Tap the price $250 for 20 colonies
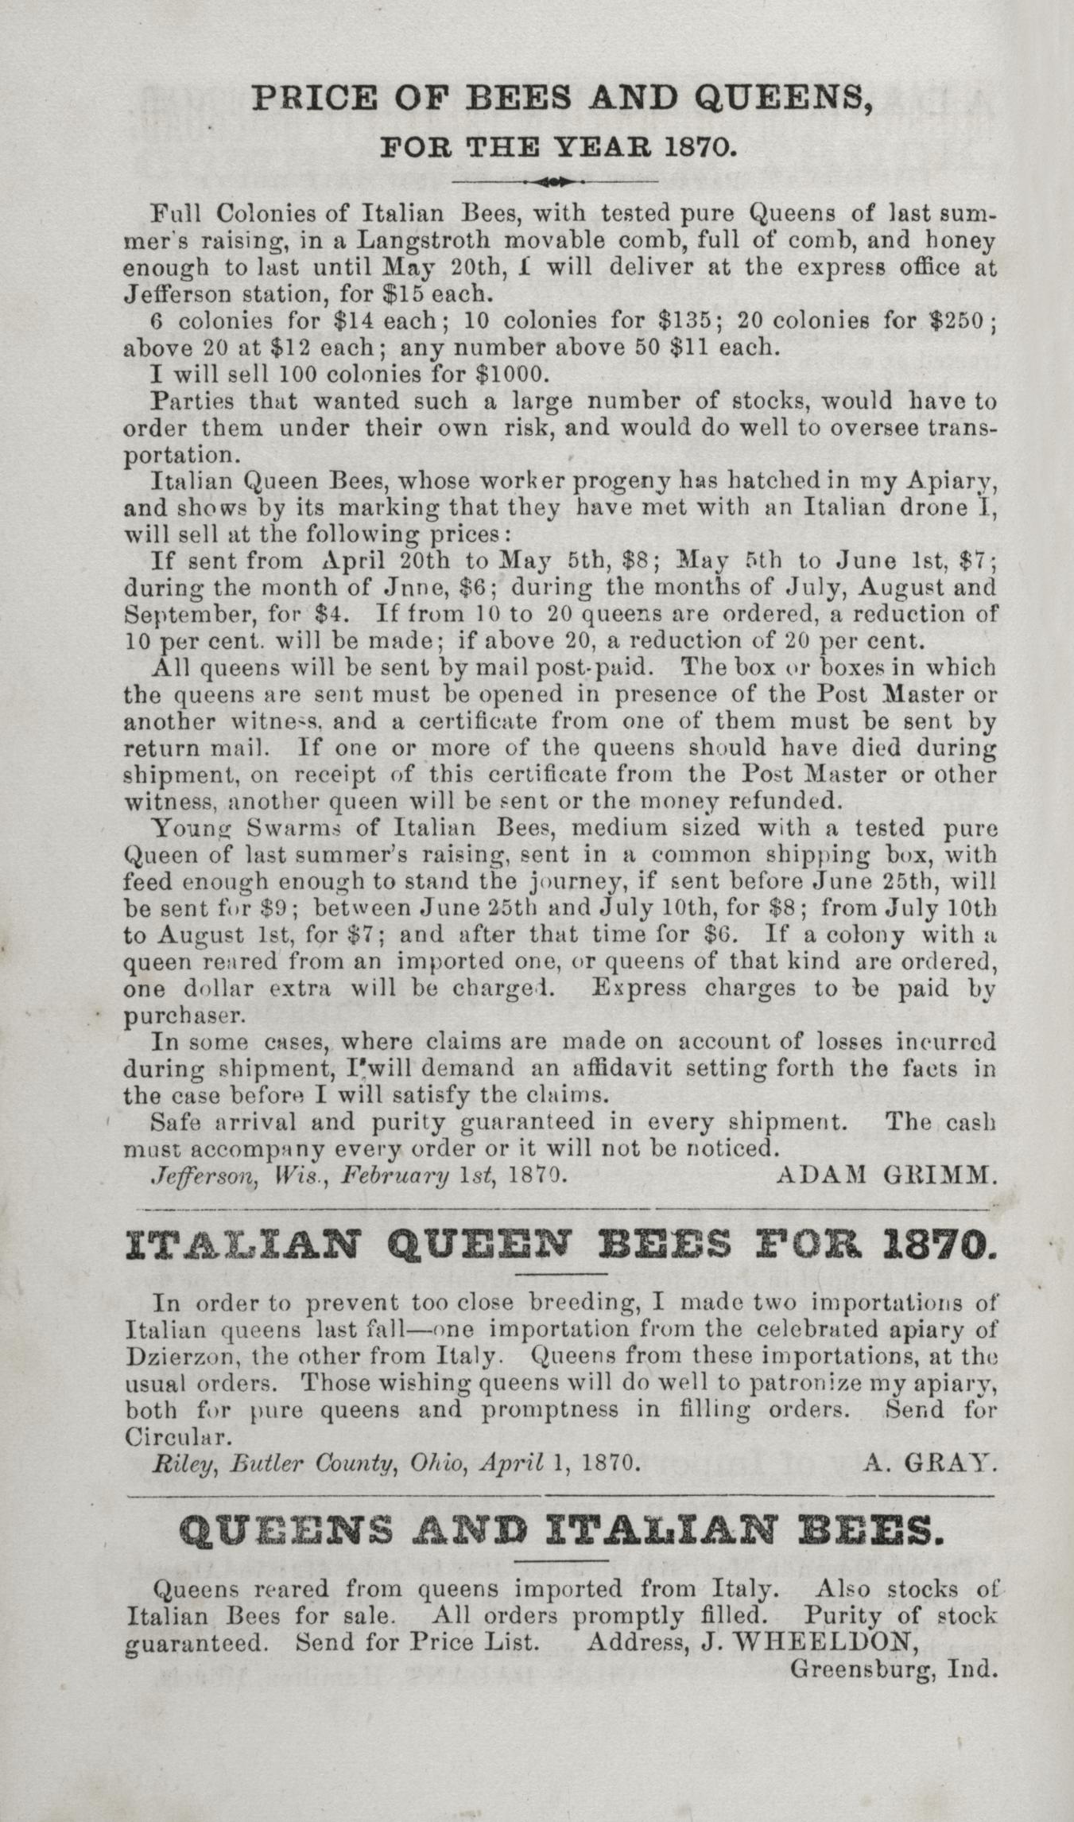(x=956, y=321)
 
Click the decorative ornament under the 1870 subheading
(x=554, y=182)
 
